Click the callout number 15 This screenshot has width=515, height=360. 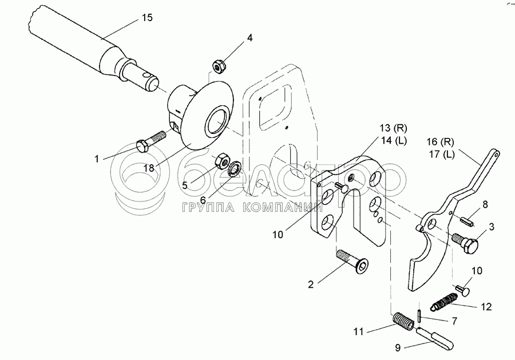147,18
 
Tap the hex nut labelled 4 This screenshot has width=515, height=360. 218,66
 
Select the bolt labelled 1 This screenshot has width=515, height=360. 152,140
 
